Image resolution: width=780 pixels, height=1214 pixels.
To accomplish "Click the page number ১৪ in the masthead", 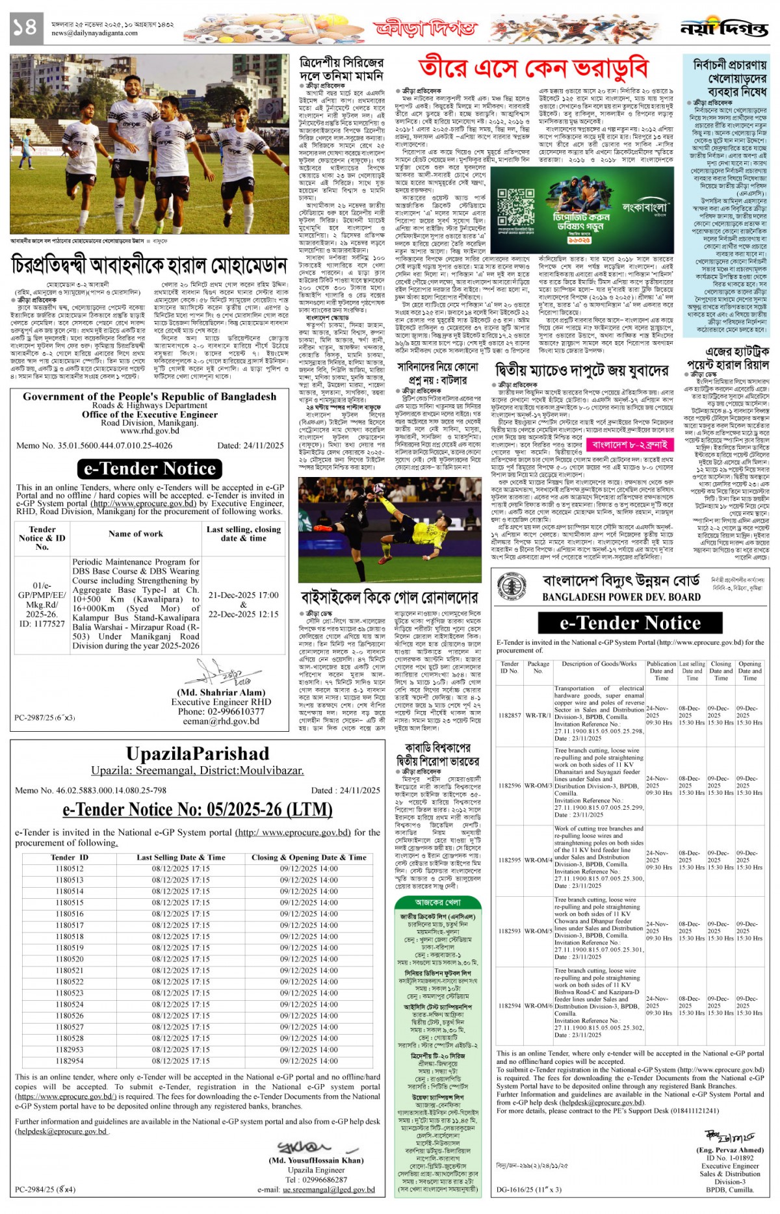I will coord(25,27).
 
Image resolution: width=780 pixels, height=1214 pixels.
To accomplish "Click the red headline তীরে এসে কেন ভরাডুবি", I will coord(533,68).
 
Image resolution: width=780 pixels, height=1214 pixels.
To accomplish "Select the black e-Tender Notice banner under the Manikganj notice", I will coord(149,469).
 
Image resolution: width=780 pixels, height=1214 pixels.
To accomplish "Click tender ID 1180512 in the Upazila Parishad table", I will coord(70,868).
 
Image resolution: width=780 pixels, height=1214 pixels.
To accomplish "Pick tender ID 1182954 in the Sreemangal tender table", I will coord(70,1061).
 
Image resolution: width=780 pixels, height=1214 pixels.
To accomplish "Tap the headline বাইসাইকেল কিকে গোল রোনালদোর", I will coord(389,597).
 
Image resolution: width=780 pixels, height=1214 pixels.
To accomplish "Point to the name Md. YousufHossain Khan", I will coord(316,1159).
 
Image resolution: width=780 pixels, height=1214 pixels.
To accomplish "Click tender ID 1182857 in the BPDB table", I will coord(510,715).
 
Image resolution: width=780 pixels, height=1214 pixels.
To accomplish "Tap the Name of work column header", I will coord(136,534).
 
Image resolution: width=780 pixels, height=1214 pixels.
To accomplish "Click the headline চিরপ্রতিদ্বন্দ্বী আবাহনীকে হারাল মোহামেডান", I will coord(149,265).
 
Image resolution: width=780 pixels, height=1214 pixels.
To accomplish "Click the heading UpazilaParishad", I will coord(197,754).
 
